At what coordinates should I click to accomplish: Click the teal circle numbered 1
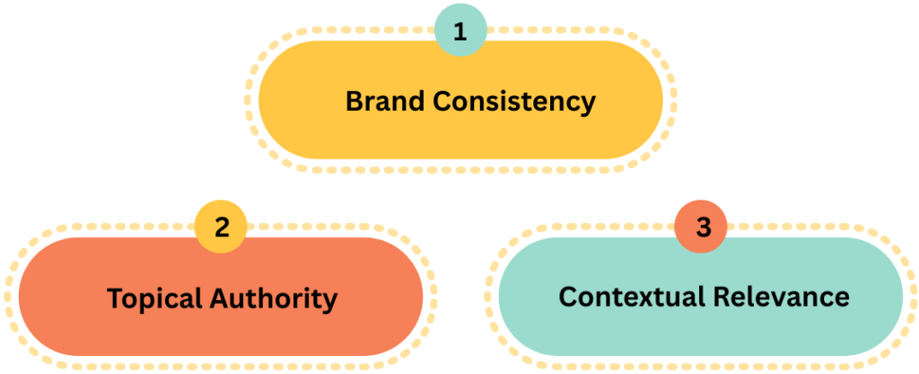[460, 32]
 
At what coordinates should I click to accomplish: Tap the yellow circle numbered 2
[222, 227]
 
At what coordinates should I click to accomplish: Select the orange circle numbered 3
[703, 227]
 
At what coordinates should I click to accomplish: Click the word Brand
[385, 101]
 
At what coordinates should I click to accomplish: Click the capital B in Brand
[353, 101]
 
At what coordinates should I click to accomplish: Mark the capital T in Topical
[114, 298]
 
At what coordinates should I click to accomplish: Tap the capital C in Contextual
[568, 296]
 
